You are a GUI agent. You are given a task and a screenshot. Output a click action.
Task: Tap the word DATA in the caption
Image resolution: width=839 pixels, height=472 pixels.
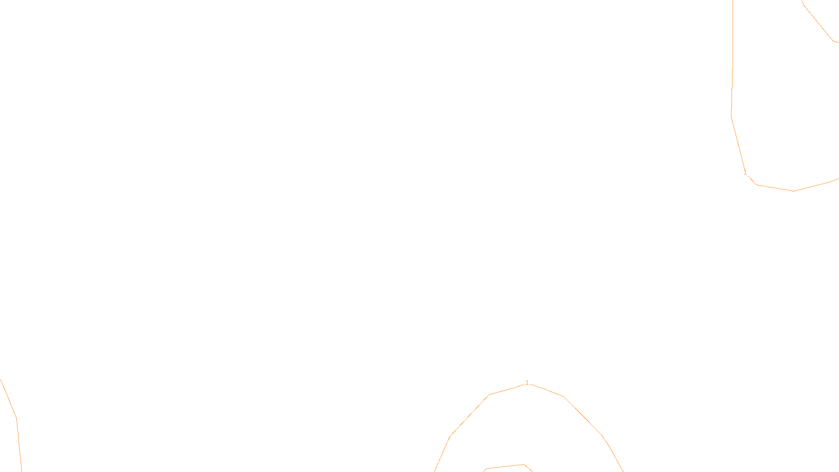(444, 464)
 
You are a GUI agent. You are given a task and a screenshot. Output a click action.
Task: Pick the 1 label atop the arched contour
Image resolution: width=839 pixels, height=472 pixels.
(527, 383)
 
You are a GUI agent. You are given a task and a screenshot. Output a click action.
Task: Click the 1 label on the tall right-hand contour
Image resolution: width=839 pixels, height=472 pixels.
(745, 173)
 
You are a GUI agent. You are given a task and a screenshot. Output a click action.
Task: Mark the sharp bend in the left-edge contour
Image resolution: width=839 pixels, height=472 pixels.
(16, 418)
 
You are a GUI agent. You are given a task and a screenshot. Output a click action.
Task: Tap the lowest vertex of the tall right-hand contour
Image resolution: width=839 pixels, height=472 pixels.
(793, 191)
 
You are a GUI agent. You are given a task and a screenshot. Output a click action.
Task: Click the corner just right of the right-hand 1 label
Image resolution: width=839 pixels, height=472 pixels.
(756, 185)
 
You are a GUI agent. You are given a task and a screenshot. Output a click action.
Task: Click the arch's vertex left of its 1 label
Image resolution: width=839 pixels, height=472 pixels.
(489, 395)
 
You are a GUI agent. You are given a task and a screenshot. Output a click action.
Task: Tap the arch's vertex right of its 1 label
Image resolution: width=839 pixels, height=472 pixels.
(564, 396)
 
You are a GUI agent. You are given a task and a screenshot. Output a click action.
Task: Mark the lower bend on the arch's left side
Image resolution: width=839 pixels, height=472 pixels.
(450, 436)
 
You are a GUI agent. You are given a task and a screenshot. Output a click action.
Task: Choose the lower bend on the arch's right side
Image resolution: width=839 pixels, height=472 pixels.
(601, 435)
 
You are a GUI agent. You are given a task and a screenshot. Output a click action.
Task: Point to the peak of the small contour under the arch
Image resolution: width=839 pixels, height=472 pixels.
(524, 464)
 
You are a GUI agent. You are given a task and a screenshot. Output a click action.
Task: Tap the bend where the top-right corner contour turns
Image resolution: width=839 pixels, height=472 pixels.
(833, 41)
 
